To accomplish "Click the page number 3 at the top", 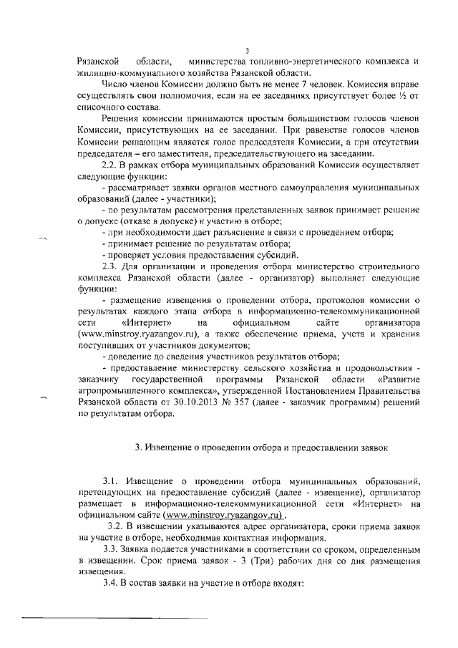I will [246, 50].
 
